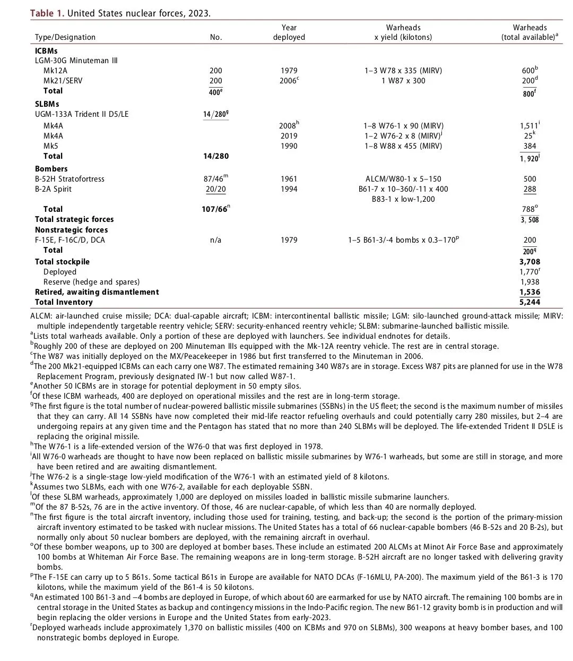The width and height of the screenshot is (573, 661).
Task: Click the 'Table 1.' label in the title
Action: click(x=47, y=13)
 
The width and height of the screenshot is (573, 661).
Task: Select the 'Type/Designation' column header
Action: click(x=65, y=37)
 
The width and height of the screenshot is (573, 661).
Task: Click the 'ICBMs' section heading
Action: click(x=46, y=51)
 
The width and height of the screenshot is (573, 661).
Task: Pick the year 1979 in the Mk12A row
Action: click(x=289, y=71)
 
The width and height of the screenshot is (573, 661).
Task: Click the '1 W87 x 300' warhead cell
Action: click(x=403, y=81)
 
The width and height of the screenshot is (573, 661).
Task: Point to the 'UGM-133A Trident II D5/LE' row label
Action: click(x=82, y=114)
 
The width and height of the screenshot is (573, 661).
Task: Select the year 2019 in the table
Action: click(x=289, y=136)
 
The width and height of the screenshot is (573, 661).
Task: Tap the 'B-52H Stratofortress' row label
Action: click(x=70, y=179)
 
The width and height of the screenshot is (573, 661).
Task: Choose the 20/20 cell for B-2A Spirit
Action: click(x=215, y=189)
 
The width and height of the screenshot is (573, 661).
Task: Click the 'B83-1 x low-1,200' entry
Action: click(x=403, y=199)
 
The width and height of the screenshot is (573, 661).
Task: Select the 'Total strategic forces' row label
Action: click(x=74, y=219)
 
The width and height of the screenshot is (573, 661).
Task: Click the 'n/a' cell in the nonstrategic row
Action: click(x=215, y=240)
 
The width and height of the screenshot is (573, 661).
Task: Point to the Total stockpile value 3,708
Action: click(x=529, y=262)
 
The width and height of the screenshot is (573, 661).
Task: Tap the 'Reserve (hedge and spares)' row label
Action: click(x=91, y=282)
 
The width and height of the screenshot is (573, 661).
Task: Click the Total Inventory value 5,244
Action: click(x=529, y=302)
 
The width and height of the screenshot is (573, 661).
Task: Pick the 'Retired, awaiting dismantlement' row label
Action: click(x=97, y=292)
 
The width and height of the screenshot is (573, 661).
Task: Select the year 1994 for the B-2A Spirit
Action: click(x=289, y=189)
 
